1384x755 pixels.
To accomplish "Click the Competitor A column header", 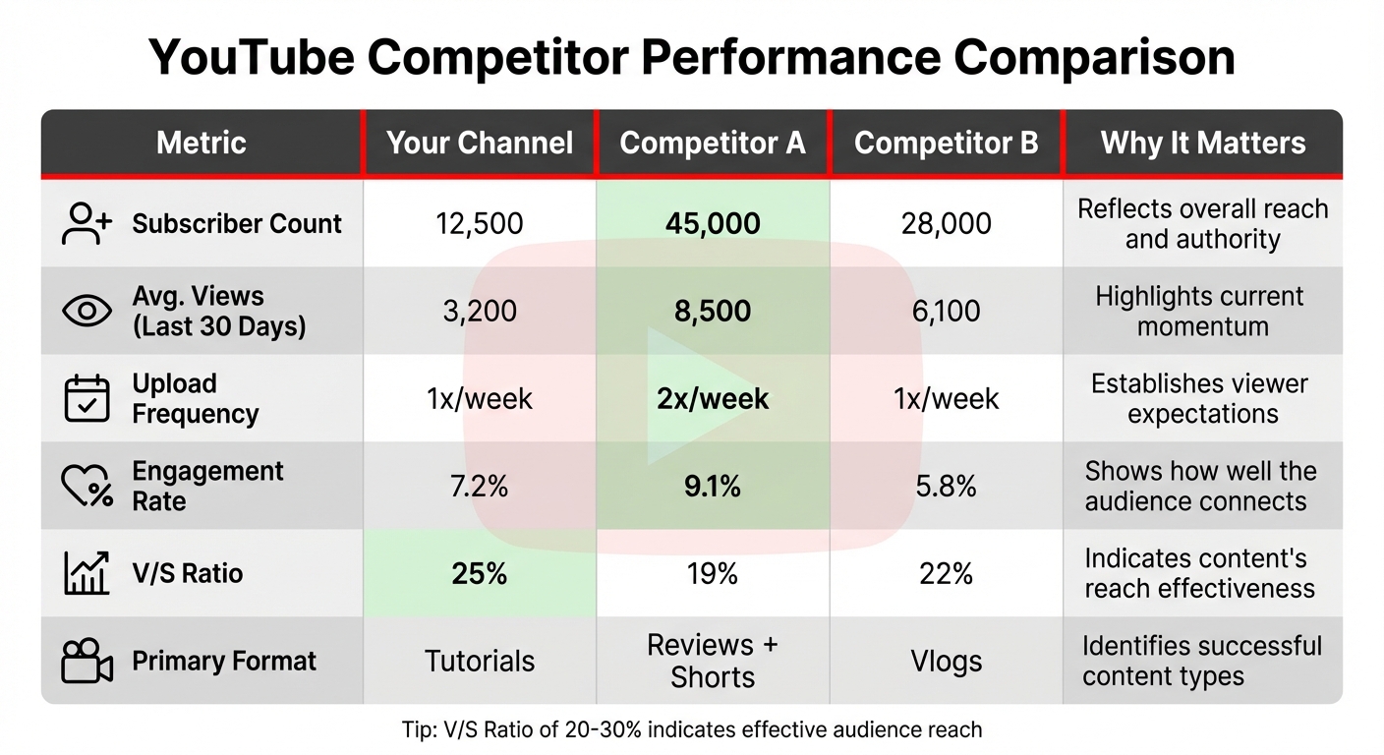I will (713, 144).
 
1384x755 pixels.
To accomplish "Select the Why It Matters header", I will (1202, 144).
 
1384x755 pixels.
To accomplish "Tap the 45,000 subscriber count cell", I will (713, 223).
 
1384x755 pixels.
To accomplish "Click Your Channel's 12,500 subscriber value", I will (480, 223).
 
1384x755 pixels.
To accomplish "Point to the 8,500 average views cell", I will (713, 311).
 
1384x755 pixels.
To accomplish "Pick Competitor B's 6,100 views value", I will (946, 311).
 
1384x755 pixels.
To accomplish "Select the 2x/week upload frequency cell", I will (713, 398).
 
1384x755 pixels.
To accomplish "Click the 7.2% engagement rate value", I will (480, 486).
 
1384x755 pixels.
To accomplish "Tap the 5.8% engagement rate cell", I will (946, 486).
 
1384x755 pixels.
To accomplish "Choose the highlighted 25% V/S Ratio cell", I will (480, 573).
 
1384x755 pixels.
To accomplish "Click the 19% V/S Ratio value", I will (713, 573).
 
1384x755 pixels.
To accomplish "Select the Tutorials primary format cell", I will (480, 661).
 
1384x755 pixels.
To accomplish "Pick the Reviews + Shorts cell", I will (713, 661).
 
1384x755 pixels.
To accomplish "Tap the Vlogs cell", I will (946, 661).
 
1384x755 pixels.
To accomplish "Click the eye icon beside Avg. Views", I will (87, 311).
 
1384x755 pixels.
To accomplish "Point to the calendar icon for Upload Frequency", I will (87, 398).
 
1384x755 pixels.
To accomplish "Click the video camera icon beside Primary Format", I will (87, 661).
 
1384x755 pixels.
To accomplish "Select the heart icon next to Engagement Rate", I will (87, 486).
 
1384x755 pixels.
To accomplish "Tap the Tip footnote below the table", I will (691, 729).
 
